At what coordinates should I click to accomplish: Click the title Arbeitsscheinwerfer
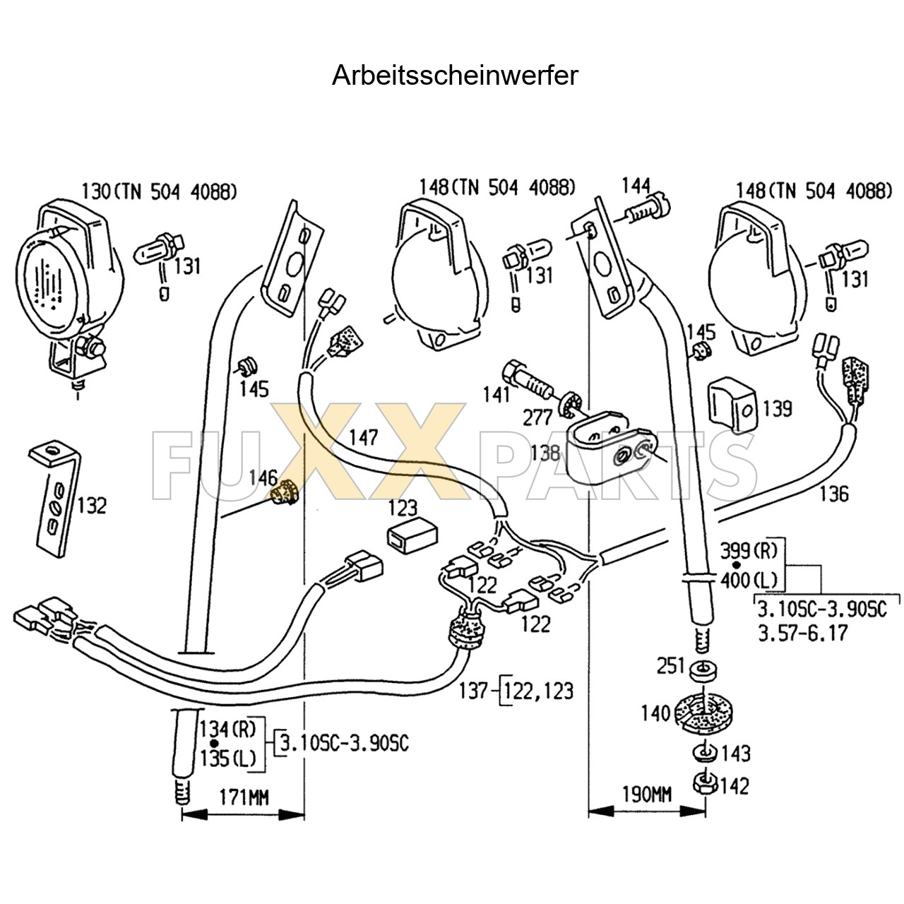(x=455, y=75)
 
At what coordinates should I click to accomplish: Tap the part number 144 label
(x=635, y=186)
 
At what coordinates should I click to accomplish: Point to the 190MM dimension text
(x=646, y=794)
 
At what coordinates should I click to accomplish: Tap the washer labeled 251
(x=701, y=667)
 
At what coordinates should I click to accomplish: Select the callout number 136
(x=833, y=494)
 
